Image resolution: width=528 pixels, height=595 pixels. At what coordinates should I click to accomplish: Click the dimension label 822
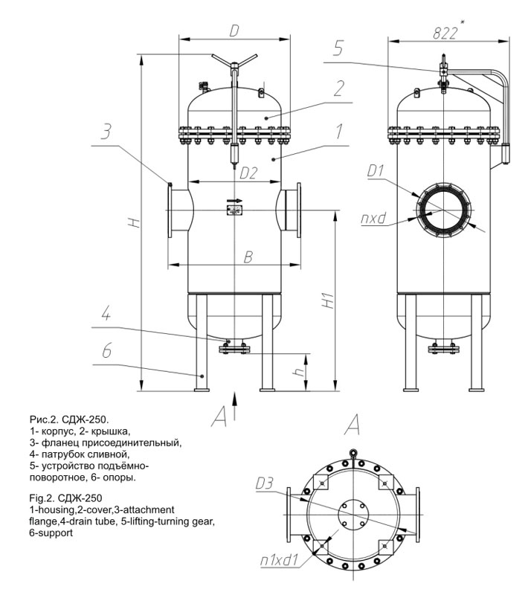[x=445, y=33]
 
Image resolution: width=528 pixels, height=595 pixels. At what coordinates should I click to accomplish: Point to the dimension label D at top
[x=234, y=31]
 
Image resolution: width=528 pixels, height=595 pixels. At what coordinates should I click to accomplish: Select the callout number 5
[x=338, y=48]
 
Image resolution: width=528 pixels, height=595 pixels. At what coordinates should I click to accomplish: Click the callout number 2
[x=338, y=88]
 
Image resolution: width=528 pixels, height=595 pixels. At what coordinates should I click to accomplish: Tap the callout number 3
[x=106, y=132]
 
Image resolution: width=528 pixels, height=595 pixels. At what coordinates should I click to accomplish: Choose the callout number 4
[x=106, y=314]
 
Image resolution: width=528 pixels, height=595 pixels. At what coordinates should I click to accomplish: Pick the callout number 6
[x=106, y=350]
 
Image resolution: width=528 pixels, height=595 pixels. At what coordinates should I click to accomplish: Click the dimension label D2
[x=248, y=173]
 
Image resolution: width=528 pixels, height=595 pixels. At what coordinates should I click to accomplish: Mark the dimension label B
[x=248, y=257]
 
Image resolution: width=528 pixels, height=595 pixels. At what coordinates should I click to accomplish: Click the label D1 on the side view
[x=376, y=171]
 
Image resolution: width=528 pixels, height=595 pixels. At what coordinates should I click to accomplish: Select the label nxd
[x=373, y=218]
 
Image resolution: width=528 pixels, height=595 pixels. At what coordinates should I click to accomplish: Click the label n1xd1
[x=280, y=560]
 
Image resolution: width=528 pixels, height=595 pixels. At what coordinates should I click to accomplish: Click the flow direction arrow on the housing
[x=234, y=200]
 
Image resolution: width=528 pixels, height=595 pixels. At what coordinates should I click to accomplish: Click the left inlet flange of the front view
[x=170, y=210]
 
